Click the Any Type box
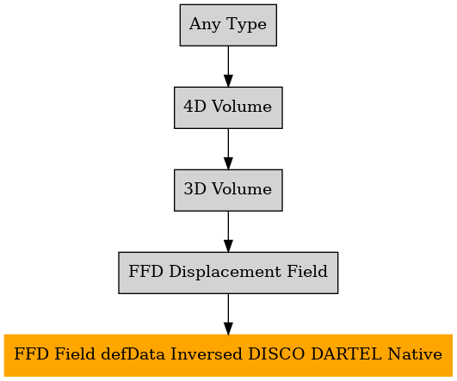pos(228,25)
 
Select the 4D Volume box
pos(228,108)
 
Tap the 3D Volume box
pos(228,190)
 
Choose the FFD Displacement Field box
pos(228,273)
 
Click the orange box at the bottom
pos(228,355)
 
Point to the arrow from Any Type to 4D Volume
pos(228,66)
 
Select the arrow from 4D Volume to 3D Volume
pos(228,149)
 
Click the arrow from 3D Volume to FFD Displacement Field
pos(228,231)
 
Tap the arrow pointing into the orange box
pos(228,314)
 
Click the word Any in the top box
pos(205,24)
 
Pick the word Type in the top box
pos(246,24)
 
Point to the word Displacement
pos(225,272)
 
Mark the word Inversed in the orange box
pos(206,354)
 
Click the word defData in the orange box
pos(133,354)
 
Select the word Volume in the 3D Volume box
pos(242,188)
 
